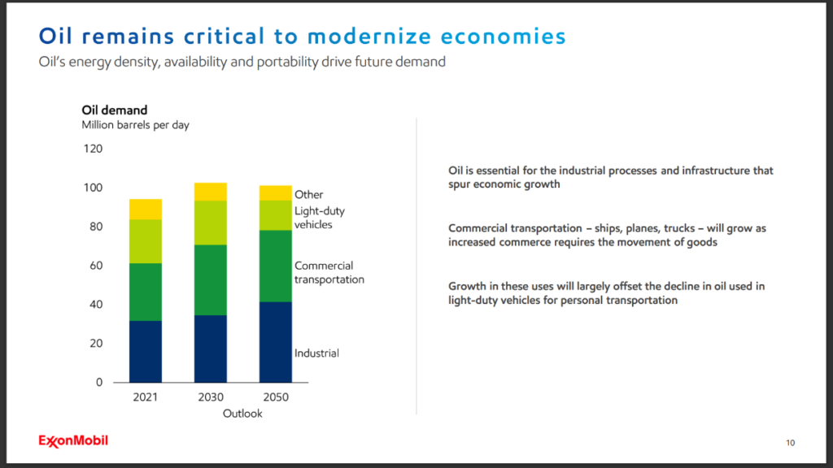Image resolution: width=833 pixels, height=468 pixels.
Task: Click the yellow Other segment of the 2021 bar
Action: (146, 209)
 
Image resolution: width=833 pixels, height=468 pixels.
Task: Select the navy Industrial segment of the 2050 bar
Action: (275, 341)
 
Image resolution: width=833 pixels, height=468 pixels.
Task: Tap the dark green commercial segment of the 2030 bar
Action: (210, 279)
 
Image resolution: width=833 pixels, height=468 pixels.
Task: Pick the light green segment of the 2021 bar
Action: (146, 241)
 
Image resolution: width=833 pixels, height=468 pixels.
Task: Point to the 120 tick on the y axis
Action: (93, 149)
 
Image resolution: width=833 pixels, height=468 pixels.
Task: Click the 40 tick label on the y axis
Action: (96, 305)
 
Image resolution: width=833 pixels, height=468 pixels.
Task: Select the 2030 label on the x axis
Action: (211, 398)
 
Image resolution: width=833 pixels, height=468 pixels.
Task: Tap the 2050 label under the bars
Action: (275, 398)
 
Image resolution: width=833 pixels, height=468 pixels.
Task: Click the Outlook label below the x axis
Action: (242, 414)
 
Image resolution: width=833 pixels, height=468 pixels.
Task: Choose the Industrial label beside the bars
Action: (316, 353)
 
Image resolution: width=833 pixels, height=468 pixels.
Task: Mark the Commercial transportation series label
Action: (329, 272)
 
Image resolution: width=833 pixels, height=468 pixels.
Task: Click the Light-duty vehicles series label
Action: (320, 218)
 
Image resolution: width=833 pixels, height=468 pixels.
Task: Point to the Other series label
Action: (309, 195)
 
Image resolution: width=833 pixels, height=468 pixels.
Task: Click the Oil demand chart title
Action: (114, 110)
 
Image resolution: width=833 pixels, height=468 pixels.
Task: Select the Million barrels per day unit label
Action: (135, 125)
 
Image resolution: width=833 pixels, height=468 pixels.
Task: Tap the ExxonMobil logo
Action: (73, 440)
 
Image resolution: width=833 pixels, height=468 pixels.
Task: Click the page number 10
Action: (790, 443)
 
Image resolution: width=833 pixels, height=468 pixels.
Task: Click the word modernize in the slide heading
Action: (369, 37)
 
